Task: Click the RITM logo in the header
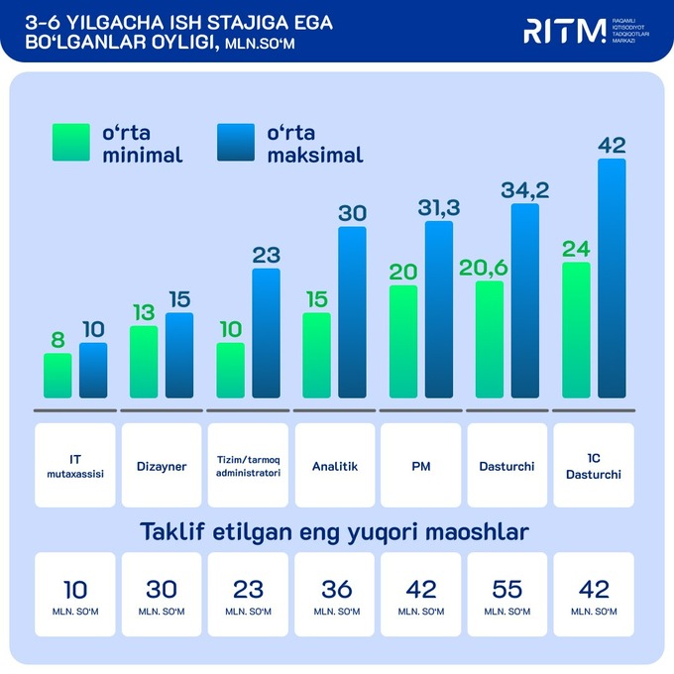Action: (x=564, y=31)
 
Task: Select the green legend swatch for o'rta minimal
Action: (x=71, y=143)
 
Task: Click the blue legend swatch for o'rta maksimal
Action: (x=235, y=143)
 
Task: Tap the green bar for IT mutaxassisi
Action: (x=57, y=376)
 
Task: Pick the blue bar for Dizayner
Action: (x=179, y=356)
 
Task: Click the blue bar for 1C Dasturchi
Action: (x=612, y=279)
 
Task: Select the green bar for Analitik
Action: (x=316, y=356)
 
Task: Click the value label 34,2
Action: (x=525, y=189)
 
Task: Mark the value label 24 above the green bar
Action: (x=575, y=248)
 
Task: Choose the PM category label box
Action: (x=420, y=465)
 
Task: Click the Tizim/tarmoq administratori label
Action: (x=248, y=465)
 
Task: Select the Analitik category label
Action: (x=334, y=465)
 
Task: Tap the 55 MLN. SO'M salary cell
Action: (x=506, y=594)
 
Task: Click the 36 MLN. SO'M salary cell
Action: (x=336, y=594)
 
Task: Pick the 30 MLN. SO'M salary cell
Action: (x=161, y=594)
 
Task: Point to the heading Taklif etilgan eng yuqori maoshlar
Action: (x=334, y=532)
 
